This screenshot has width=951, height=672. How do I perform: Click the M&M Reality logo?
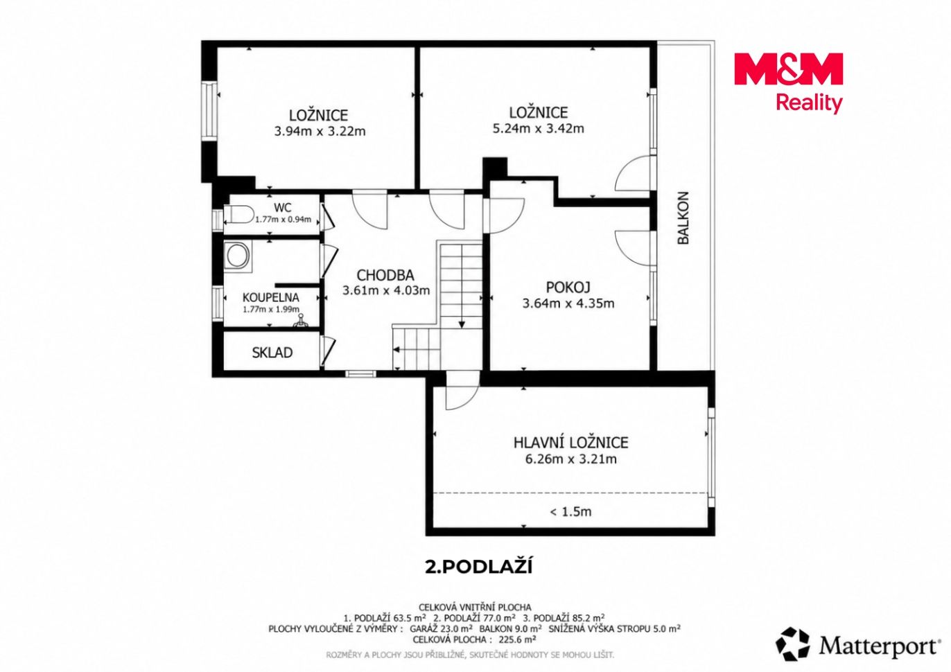(788, 82)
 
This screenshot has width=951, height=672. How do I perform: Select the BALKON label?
(683, 218)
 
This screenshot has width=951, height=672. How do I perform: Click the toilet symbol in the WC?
(238, 214)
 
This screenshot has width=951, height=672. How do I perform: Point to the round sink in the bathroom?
(237, 256)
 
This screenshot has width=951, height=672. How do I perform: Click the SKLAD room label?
(272, 353)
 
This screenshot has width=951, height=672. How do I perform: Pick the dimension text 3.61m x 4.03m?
(386, 290)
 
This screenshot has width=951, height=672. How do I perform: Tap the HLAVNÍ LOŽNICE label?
(570, 443)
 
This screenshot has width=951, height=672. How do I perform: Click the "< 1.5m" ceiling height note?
(570, 512)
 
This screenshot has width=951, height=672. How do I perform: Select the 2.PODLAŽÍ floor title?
(478, 567)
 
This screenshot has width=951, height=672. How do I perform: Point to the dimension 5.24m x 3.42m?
(538, 128)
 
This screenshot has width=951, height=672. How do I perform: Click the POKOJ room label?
(568, 288)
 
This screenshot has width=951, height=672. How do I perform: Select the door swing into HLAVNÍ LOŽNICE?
(462, 391)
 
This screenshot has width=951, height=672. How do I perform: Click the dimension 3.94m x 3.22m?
(320, 131)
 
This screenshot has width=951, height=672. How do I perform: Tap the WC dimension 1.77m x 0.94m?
(283, 220)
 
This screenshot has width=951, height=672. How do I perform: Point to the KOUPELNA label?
(270, 297)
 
